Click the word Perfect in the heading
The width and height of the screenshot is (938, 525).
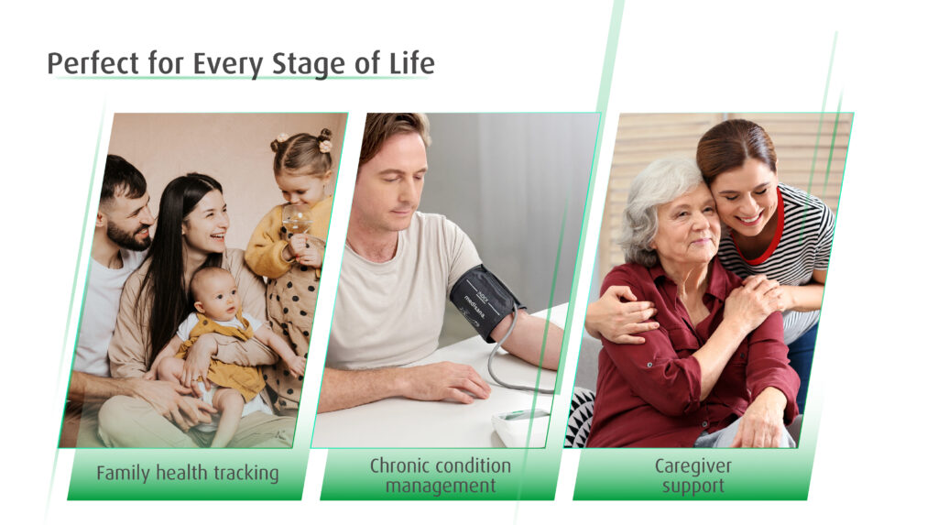click(x=93, y=63)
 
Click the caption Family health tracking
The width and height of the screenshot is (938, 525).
click(x=188, y=473)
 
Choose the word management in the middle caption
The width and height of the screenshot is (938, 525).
click(x=441, y=486)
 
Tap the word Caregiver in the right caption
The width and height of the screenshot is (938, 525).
click(x=693, y=465)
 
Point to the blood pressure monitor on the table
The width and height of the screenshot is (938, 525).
click(x=519, y=426)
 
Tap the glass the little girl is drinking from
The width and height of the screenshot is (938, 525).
click(x=296, y=220)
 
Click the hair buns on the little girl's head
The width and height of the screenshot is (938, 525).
click(x=302, y=141)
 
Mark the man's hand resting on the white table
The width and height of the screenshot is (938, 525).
click(x=446, y=381)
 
